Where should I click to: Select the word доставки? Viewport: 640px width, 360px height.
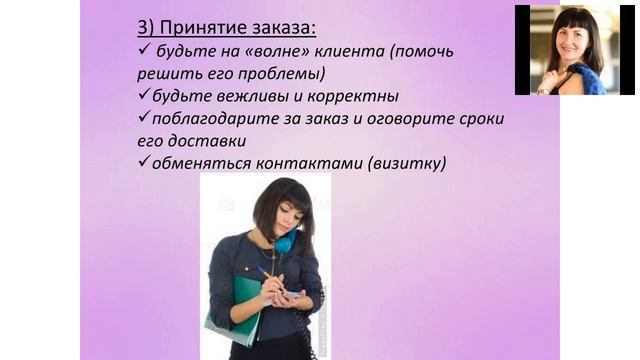[209, 141]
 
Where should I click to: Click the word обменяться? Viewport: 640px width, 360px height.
[198, 163]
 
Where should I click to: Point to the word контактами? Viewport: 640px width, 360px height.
[299, 163]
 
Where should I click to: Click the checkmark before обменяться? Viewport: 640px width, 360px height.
[142, 162]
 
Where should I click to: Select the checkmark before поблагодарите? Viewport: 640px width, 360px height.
[142, 118]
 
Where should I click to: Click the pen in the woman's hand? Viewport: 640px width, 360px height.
[267, 274]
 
